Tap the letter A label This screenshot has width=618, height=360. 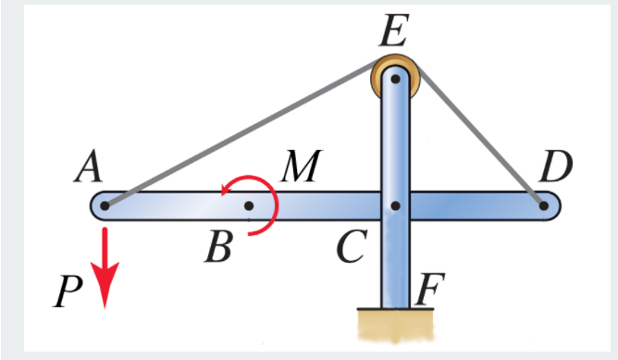click(x=92, y=168)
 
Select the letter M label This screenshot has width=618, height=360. click(x=300, y=168)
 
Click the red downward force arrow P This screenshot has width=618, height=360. click(x=106, y=268)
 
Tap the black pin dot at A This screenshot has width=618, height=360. click(x=105, y=205)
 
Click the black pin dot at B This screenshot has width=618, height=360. click(x=248, y=205)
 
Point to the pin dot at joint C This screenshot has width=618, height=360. click(x=395, y=205)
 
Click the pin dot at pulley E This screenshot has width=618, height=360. click(x=395, y=79)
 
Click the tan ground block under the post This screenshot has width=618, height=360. click(x=395, y=324)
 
